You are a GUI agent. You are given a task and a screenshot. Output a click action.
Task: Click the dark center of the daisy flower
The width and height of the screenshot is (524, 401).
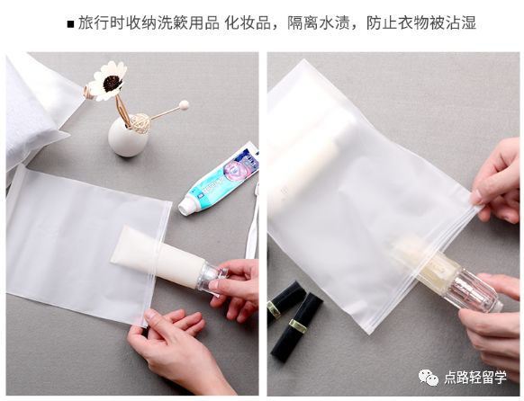click(x=112, y=83)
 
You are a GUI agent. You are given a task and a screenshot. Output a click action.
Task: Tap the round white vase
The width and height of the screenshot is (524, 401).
click(x=128, y=138)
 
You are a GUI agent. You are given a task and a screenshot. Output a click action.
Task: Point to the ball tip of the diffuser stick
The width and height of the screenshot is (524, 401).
click(x=185, y=104)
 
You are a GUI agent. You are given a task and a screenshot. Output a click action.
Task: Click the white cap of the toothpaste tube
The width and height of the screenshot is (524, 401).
click(x=187, y=206)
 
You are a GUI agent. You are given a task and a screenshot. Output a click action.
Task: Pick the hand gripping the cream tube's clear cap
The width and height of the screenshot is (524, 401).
click(x=237, y=289)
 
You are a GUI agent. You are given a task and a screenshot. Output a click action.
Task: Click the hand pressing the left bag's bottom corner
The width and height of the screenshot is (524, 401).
click(x=172, y=343)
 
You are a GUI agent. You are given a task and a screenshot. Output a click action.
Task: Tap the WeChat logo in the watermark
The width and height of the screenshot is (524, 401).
click(x=430, y=378)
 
